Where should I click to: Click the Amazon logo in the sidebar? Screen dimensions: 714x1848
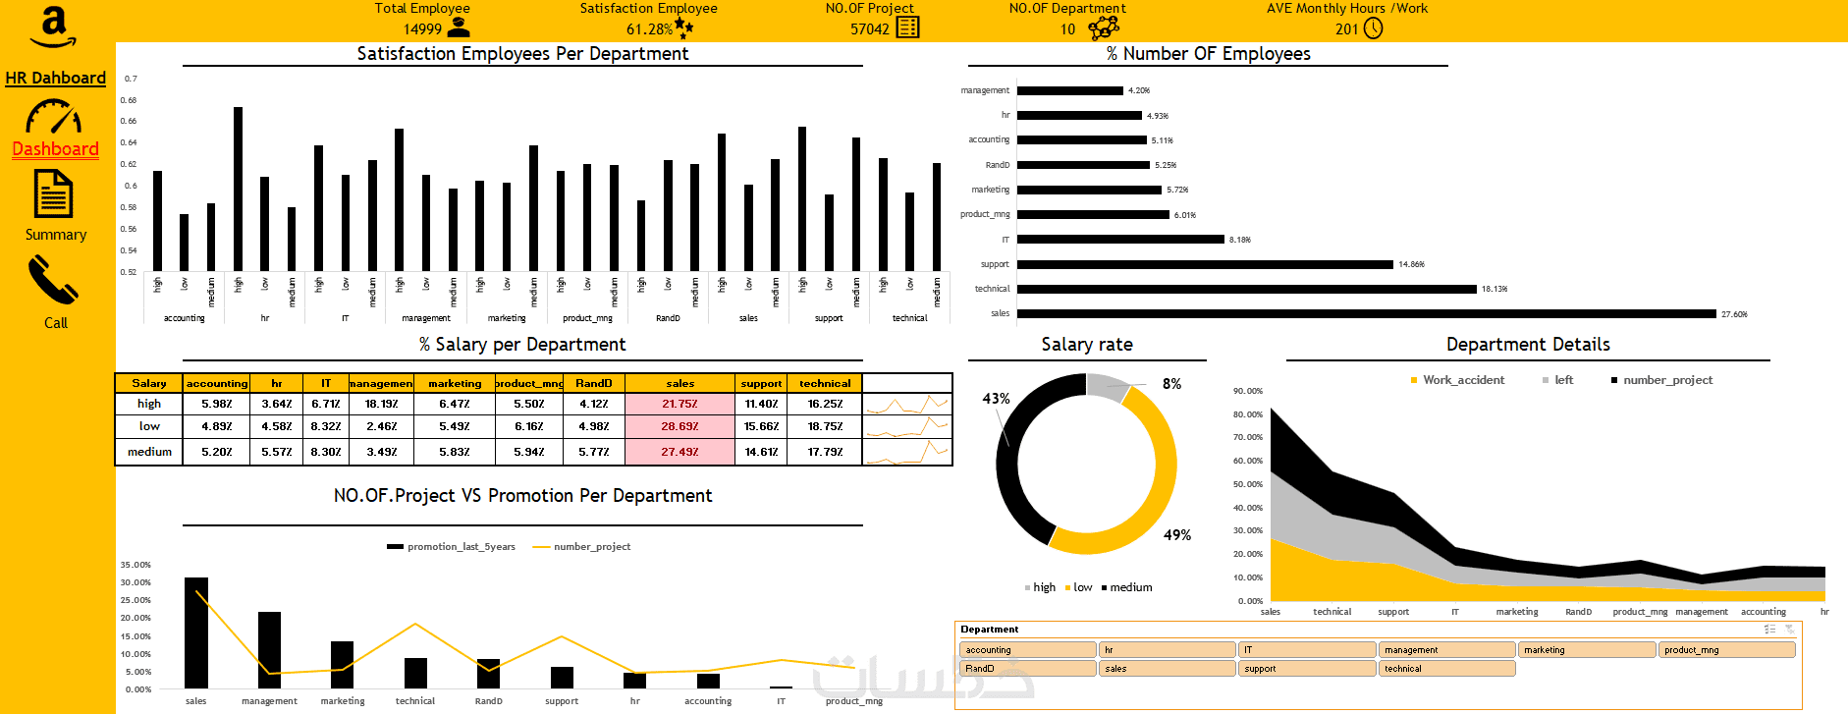click(53, 27)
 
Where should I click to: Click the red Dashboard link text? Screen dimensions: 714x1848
click(55, 149)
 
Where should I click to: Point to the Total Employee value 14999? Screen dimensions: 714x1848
click(422, 29)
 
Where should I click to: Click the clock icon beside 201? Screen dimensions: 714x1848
click(1374, 28)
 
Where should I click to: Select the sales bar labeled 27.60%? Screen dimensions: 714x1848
click(1366, 314)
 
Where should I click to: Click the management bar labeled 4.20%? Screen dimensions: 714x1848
click(1069, 90)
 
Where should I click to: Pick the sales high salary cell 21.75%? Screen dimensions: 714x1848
click(679, 404)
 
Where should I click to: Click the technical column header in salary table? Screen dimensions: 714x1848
click(825, 383)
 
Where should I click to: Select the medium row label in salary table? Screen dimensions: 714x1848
click(149, 452)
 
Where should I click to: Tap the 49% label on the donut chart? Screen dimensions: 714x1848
click(1176, 535)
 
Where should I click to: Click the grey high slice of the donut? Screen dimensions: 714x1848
click(1108, 387)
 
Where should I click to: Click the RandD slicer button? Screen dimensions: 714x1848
click(1026, 669)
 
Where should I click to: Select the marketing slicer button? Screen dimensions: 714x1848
click(1586, 650)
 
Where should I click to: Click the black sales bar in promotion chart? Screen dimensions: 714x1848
click(196, 632)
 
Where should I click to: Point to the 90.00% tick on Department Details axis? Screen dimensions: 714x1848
click(1247, 391)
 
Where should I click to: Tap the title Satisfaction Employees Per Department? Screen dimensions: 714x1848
click(522, 54)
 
